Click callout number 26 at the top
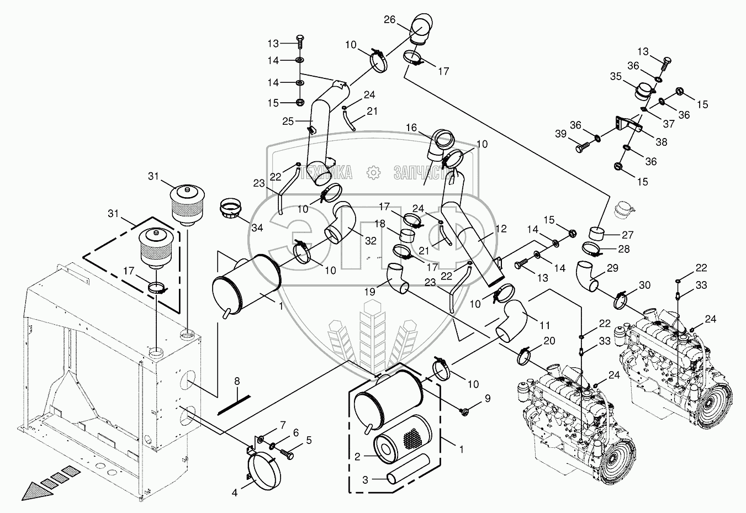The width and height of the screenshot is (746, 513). (389, 20)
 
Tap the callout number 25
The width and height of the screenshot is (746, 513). (288, 121)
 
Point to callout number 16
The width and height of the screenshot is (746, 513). (411, 128)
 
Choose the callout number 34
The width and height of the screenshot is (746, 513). (257, 228)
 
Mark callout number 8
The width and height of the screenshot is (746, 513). (237, 381)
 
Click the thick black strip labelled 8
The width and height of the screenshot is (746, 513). (234, 405)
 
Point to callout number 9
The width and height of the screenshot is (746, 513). (488, 398)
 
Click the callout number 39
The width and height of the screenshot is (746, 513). (560, 134)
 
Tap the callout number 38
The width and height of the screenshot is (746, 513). (662, 142)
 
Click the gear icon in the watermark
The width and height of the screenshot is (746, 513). (373, 172)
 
